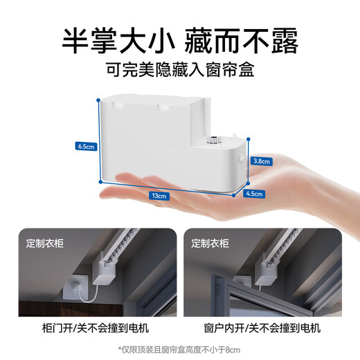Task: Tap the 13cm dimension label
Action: click(x=160, y=196)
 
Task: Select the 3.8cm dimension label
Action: click(x=260, y=160)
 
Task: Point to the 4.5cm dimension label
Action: click(x=255, y=195)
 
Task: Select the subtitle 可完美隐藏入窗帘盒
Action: click(x=179, y=70)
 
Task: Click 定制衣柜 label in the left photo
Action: click(x=46, y=244)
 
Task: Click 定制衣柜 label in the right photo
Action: click(x=210, y=244)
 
